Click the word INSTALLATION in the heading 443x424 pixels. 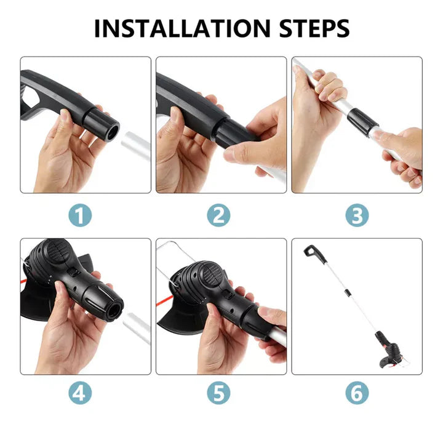(182, 28)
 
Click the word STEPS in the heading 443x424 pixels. (314, 28)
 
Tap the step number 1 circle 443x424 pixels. (80, 215)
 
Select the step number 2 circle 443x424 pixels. (218, 215)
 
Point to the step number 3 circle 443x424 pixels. (357, 215)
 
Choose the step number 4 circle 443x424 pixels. (80, 393)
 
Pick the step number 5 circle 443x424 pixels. (218, 393)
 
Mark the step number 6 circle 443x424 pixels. (357, 393)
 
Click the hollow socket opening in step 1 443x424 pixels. (113, 132)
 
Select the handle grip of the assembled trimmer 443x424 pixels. (315, 254)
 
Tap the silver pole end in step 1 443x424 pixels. (136, 145)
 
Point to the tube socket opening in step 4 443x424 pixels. (115, 310)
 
